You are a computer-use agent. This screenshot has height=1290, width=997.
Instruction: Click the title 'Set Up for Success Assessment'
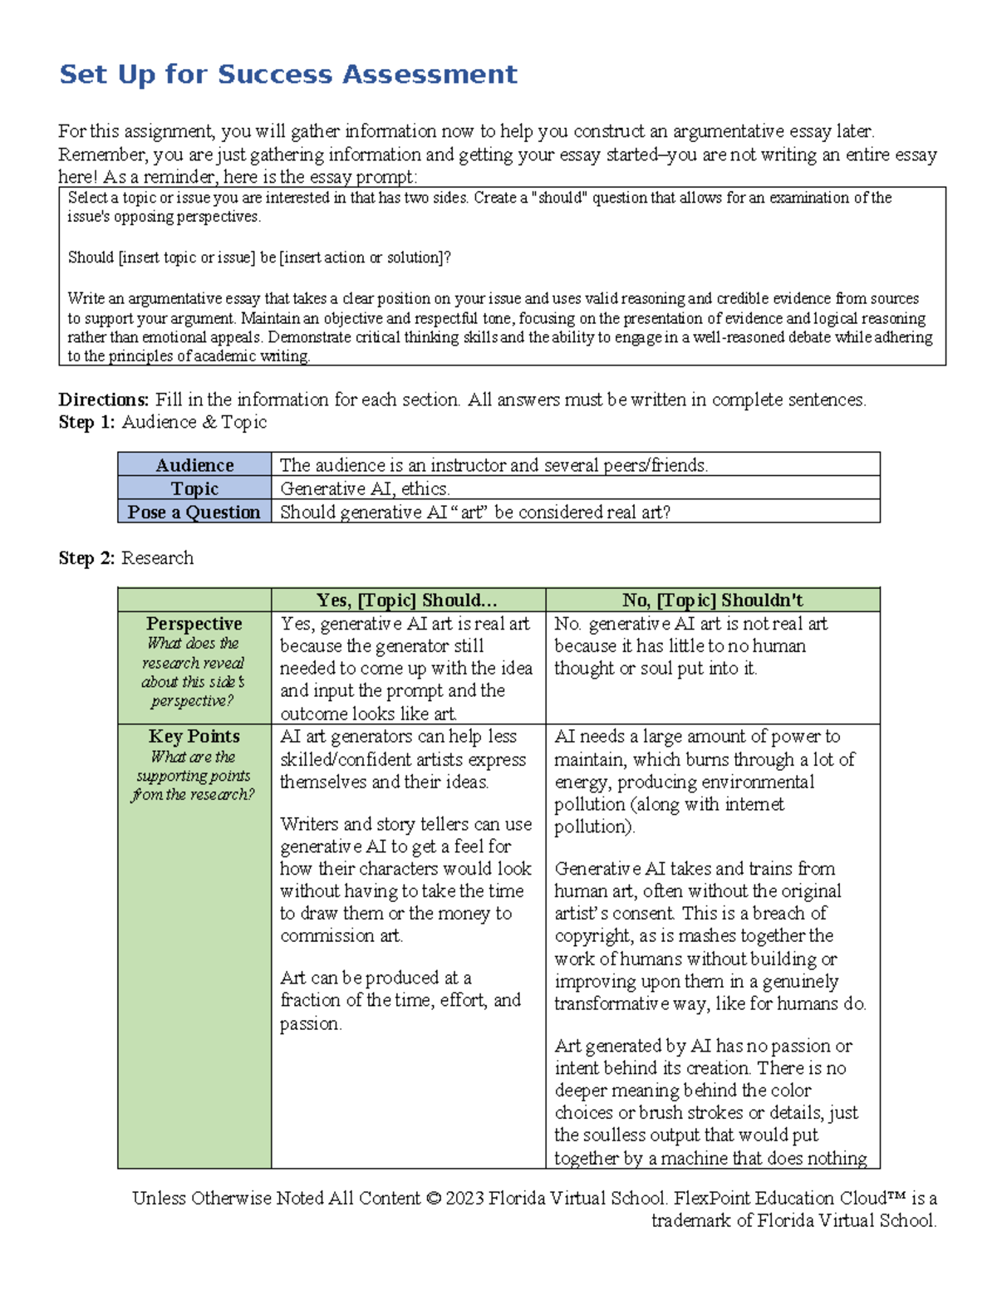click(287, 75)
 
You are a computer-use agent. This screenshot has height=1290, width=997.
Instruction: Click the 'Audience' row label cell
click(194, 465)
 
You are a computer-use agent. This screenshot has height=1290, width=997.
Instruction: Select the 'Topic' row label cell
click(194, 488)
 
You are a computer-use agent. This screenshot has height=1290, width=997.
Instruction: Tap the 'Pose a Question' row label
click(194, 512)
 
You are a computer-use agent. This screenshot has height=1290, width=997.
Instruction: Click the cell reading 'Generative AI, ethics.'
click(365, 488)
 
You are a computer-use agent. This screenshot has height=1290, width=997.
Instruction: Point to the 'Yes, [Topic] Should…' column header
click(407, 600)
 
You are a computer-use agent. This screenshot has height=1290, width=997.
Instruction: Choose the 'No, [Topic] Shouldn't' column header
click(712, 600)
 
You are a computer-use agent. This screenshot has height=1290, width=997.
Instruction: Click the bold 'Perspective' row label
click(194, 624)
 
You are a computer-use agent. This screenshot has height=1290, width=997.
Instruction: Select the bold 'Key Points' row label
click(194, 736)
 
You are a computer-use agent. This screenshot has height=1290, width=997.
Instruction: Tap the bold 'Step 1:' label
click(86, 422)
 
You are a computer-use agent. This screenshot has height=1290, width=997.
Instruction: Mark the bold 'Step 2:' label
click(86, 558)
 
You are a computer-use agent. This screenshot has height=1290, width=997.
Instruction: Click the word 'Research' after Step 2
click(157, 558)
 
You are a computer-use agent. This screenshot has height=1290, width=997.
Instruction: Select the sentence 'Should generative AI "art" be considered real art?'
click(474, 512)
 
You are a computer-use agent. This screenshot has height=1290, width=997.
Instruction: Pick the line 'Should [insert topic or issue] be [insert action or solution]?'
click(259, 258)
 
